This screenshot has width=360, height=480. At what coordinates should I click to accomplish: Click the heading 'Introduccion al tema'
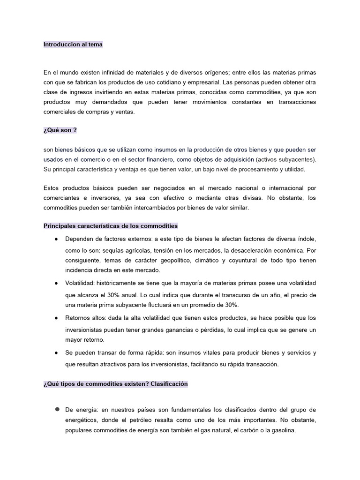coord(73,45)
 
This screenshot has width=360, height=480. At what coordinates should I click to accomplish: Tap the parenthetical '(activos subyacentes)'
coord(285,159)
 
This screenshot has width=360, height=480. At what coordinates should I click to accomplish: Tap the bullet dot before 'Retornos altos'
coord(56,318)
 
